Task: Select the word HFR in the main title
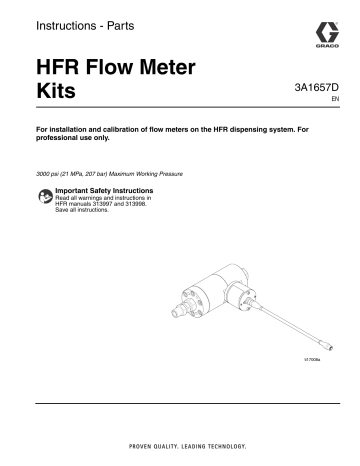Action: [x=62, y=69]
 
